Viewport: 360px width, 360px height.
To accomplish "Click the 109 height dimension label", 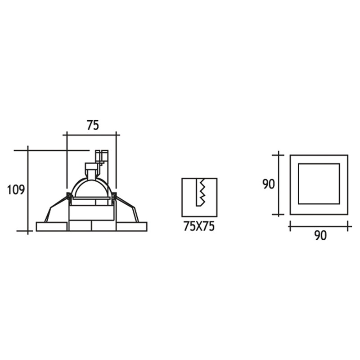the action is pos(16,190).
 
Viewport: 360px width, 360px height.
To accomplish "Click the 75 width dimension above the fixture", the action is pos(93,126).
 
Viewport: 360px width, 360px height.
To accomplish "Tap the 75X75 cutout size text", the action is pos(199,226).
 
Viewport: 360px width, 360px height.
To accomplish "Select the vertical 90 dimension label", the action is pos(269,184).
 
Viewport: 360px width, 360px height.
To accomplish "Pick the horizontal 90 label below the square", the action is pos(320,235).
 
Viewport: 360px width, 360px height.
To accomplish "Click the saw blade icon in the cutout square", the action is pos(200,192).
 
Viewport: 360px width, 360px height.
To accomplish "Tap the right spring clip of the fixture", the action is pos(126,207).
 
